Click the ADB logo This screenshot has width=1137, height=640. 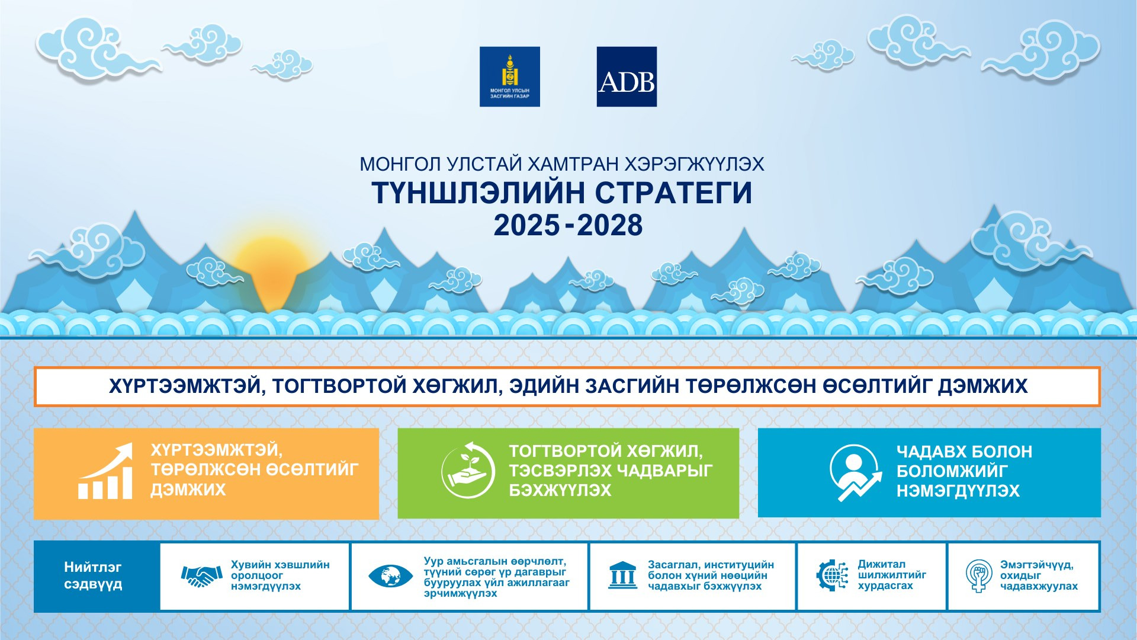coord(627,76)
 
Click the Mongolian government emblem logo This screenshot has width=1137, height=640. coord(510,76)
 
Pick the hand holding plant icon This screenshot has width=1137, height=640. coord(468,471)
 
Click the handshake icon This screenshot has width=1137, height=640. coord(202,575)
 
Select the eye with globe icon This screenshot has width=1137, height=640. coord(390,575)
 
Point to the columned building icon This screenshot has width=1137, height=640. coord(622,575)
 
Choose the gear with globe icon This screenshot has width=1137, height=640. coord(832,575)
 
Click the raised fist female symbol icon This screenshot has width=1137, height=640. coord(979,575)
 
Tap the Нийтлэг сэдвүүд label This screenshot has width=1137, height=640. coord(93,575)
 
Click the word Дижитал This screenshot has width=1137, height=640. coord(882,564)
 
